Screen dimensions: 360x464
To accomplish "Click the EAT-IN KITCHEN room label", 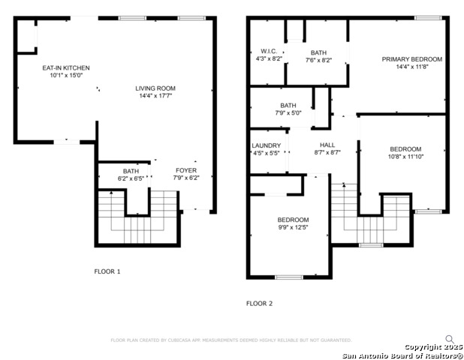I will (65, 67).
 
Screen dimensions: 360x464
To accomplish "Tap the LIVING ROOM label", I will (155, 88).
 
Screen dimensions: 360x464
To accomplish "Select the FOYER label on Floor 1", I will (185, 170).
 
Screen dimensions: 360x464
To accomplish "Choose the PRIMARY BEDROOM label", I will (411, 59).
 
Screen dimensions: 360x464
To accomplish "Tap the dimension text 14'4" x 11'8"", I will (411, 67).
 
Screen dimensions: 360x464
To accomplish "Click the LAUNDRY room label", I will (267, 145).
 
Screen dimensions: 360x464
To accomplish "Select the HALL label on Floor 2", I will (327, 145).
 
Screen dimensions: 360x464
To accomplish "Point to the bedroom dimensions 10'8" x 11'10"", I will (405, 157).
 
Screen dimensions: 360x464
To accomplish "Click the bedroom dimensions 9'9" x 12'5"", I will (293, 227).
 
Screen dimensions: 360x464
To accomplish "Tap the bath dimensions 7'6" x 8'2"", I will (318, 60).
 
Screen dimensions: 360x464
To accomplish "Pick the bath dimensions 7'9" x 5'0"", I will (288, 113).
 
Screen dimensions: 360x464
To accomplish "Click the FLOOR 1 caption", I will (107, 271).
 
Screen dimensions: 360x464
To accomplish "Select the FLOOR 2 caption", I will (260, 304).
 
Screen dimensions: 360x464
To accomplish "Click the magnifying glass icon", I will (450, 339).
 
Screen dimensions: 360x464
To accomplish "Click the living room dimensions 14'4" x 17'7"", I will (155, 95).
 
